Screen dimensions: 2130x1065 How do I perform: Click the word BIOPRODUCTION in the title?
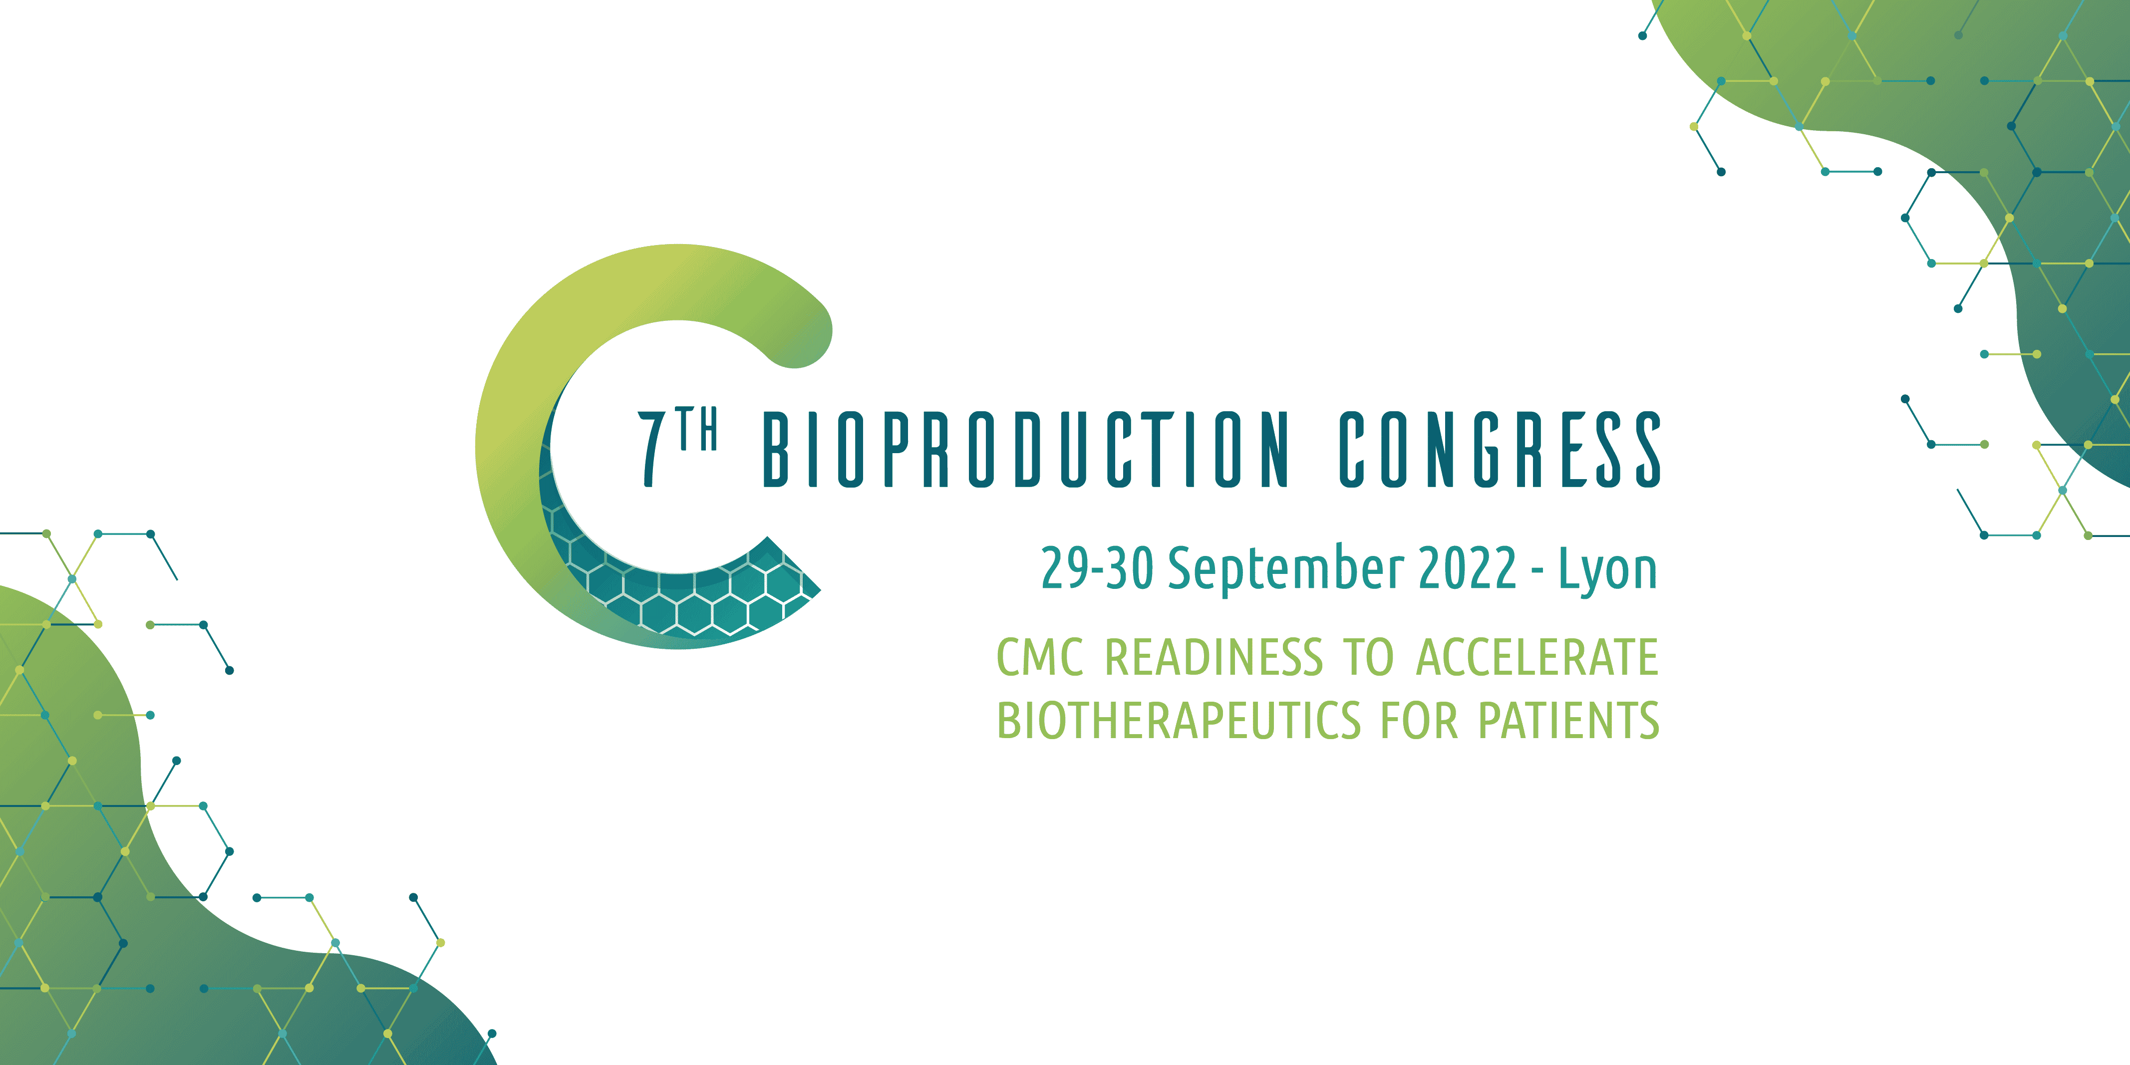coord(1025,449)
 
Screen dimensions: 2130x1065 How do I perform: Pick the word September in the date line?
coord(1286,570)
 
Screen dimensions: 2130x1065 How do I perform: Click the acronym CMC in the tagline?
coord(1039,657)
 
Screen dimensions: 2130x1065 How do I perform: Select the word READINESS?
coord(1214,657)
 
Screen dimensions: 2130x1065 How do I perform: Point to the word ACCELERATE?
coord(1537,657)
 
